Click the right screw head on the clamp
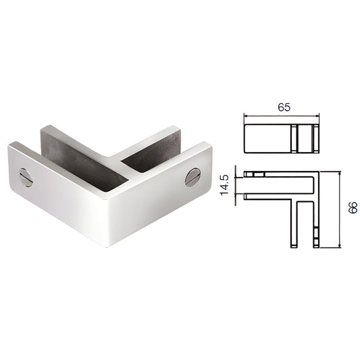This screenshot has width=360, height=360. (192, 178)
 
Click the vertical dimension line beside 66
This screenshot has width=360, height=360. (337, 209)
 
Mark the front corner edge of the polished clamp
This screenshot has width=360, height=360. (107, 223)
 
